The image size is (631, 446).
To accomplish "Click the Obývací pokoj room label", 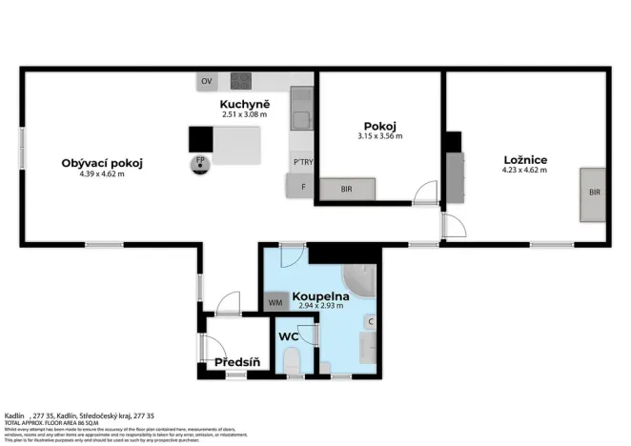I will (102, 163).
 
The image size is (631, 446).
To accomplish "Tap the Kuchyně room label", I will (245, 104).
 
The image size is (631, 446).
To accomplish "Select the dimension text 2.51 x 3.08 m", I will (245, 114).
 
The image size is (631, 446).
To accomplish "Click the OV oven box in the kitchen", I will (207, 82).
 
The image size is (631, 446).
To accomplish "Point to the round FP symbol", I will (200, 162).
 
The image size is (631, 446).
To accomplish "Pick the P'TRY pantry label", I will (303, 162).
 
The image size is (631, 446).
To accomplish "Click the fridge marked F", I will (303, 186).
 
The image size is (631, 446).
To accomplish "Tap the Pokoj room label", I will (379, 126).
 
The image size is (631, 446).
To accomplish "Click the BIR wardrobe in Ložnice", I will (594, 193).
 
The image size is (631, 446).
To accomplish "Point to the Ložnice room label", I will (525, 159).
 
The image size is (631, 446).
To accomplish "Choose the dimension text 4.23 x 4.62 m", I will (525, 171).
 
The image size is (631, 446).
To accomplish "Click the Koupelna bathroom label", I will (321, 296).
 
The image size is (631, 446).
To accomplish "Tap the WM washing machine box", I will (275, 302).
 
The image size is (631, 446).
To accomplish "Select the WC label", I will (289, 336).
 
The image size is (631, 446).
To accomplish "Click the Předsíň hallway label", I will (237, 362).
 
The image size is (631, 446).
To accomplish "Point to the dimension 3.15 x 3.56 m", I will (379, 136).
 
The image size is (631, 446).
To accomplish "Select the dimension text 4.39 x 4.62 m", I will (102, 174).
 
